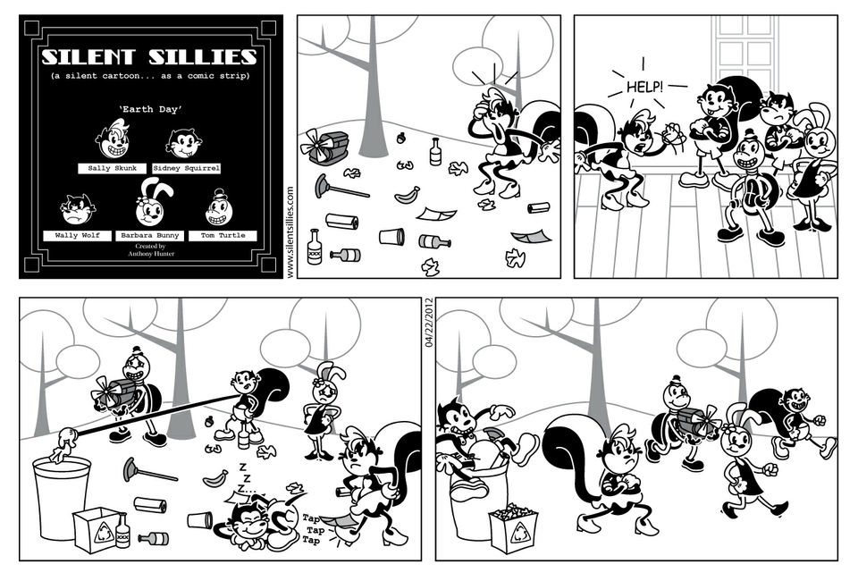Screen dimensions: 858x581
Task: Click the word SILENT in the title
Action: [x=88, y=57]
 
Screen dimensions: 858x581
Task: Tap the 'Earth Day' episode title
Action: [x=150, y=109]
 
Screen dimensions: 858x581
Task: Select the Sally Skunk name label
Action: [x=113, y=169]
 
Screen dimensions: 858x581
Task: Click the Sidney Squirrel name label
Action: [x=187, y=169]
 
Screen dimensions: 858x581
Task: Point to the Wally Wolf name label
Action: [x=77, y=236]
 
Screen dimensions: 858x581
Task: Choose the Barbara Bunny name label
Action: [x=150, y=236]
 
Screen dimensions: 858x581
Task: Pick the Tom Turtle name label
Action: [x=223, y=236]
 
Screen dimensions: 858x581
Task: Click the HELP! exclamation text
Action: [x=644, y=87]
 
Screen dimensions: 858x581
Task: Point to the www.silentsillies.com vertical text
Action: [x=290, y=232]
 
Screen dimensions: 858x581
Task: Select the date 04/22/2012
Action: [x=428, y=322]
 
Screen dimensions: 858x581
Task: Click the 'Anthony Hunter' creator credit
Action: [x=151, y=254]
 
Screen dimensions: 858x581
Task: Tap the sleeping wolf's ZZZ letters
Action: [x=243, y=477]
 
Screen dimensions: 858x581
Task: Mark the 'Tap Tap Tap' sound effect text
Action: [x=312, y=529]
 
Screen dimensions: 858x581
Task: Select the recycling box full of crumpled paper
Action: [x=513, y=528]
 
